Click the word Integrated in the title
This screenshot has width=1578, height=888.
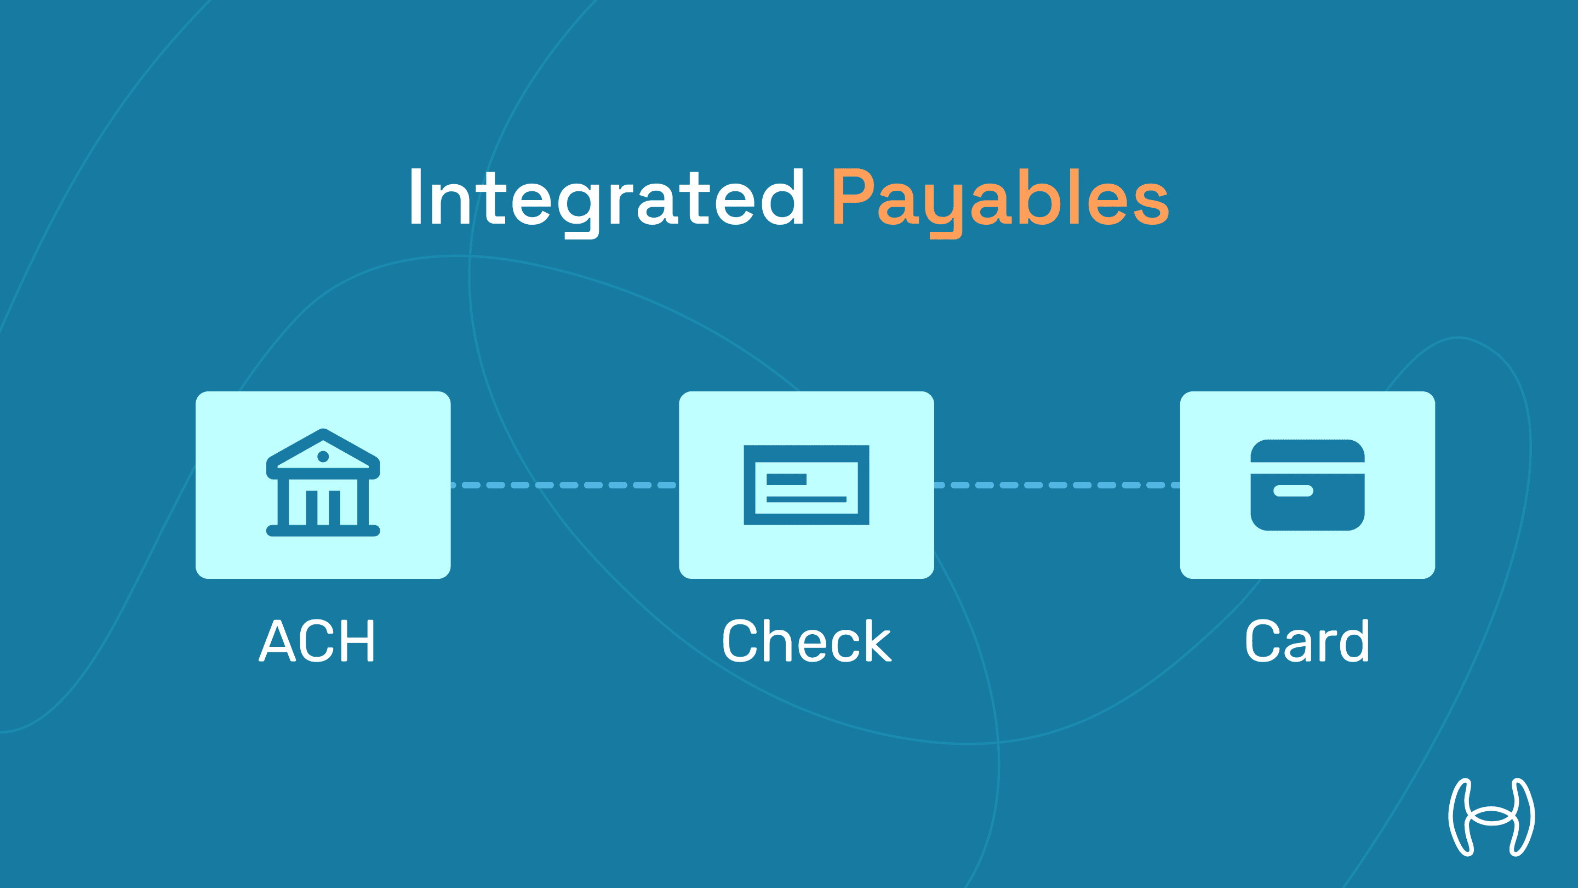click(607, 197)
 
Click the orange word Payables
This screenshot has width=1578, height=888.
click(1000, 197)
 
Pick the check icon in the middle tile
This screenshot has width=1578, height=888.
click(806, 485)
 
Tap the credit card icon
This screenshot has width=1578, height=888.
click(1307, 485)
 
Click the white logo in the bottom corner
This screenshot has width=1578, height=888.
click(1491, 817)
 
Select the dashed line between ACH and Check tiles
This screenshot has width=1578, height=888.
click(564, 485)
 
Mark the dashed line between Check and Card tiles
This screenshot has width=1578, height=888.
click(1057, 485)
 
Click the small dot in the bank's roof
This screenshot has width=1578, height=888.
click(323, 456)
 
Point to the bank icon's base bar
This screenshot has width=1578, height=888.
click(323, 531)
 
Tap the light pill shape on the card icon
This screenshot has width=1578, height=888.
click(1293, 490)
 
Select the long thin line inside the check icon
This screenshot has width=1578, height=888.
click(806, 499)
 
